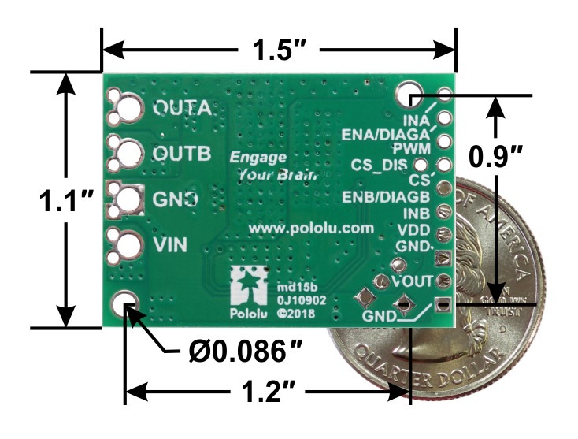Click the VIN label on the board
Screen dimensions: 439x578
click(x=171, y=245)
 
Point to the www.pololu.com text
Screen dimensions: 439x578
click(x=309, y=227)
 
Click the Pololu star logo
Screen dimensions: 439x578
click(x=249, y=286)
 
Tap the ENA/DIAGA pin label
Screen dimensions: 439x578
click(x=385, y=135)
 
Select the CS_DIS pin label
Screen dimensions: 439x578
click(x=380, y=166)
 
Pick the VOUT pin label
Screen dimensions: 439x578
click(x=411, y=280)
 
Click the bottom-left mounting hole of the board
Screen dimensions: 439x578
click(x=126, y=303)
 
